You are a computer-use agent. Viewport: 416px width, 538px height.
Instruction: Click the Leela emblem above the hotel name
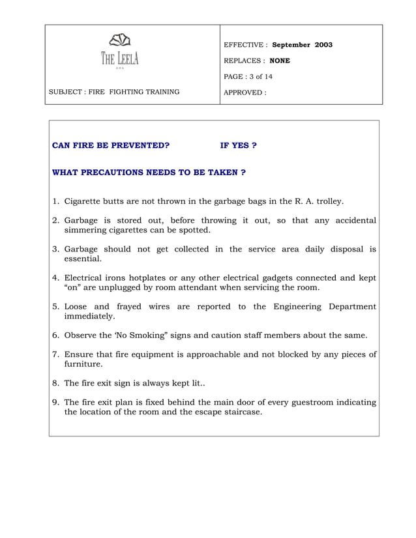120,41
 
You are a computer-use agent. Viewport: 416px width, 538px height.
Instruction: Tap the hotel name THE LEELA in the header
119,59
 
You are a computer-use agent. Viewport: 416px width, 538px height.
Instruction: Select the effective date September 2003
302,45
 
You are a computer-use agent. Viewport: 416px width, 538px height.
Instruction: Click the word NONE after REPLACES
280,61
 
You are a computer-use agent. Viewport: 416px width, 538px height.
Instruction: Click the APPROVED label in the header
245,92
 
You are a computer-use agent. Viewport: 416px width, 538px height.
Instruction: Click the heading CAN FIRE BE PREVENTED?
110,145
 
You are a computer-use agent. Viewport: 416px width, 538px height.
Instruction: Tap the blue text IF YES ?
238,145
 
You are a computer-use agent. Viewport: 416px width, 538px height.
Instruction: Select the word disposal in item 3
344,249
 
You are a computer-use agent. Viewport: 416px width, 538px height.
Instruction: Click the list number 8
55,383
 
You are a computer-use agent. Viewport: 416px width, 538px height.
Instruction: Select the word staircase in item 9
239,412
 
